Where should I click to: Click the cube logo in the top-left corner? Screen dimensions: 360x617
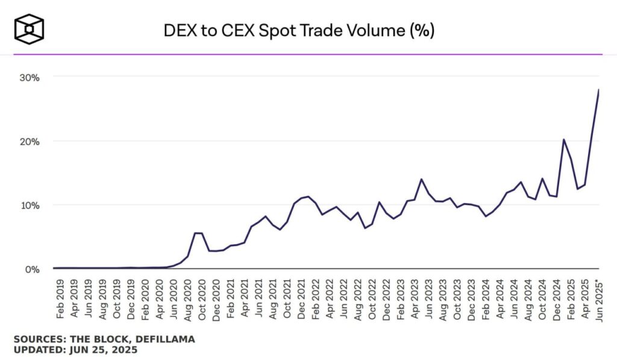coord(30,28)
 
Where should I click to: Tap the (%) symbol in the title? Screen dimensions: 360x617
coord(422,31)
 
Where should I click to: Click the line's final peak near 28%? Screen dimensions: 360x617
coord(598,90)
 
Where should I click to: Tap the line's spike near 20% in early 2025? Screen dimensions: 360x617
coord(563,139)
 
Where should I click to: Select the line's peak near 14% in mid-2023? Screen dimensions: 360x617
coord(422,179)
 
